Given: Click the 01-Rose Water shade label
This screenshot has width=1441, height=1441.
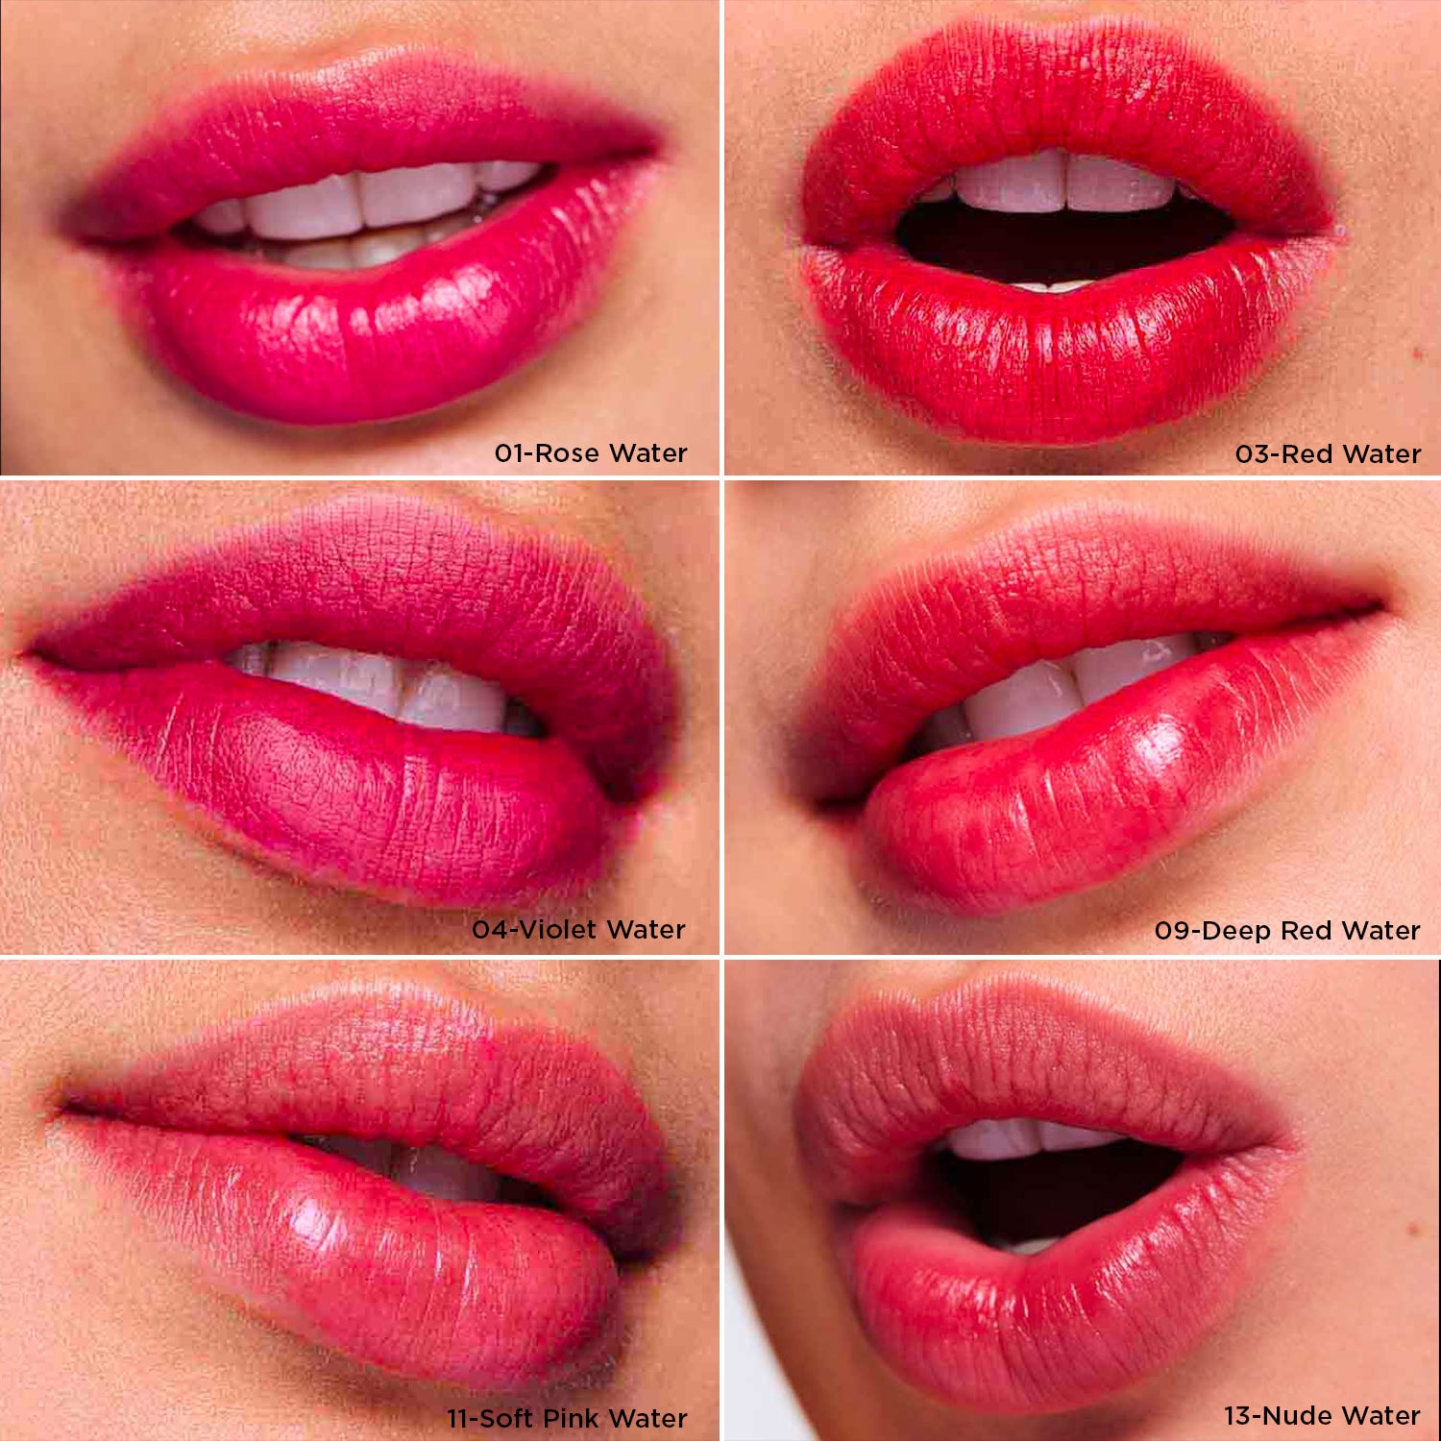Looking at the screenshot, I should pyautogui.click(x=591, y=452).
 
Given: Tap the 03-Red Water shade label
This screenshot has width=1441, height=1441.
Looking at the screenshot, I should pyautogui.click(x=1328, y=453).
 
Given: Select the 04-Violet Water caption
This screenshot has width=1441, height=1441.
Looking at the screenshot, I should pyautogui.click(x=578, y=929).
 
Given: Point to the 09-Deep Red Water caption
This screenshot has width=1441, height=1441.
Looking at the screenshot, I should pyautogui.click(x=1287, y=930).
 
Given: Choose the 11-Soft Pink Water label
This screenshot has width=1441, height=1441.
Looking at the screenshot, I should pyautogui.click(x=567, y=1418).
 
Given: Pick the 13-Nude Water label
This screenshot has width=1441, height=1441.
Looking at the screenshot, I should pyautogui.click(x=1322, y=1415).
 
